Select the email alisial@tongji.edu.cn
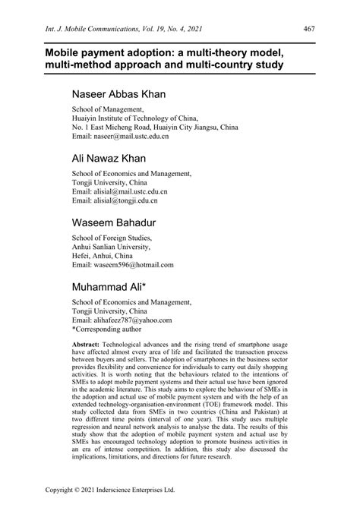[115, 202]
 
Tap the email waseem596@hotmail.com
[122, 266]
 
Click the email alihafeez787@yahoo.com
[122, 320]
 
